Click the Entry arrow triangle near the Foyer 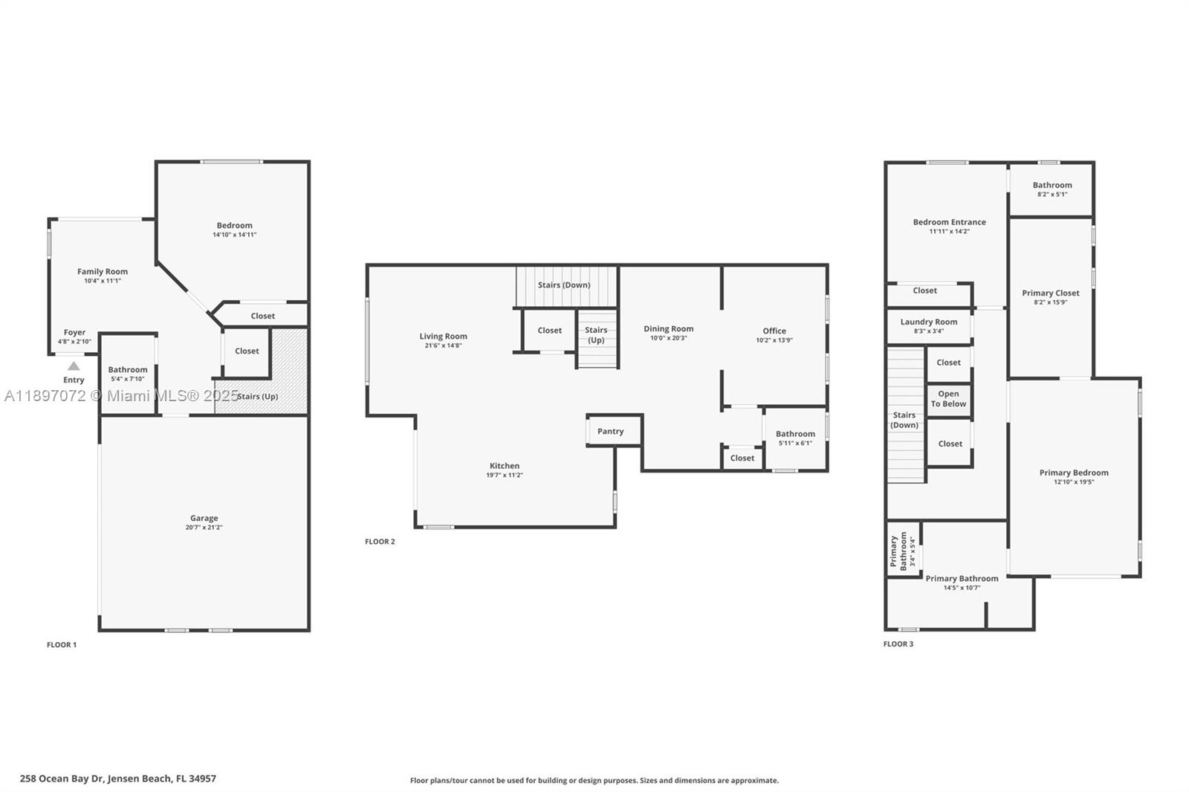[74, 366]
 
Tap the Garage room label [204, 518]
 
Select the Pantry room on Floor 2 [611, 431]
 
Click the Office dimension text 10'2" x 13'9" [774, 340]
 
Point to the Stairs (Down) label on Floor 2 [564, 285]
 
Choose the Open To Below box [948, 399]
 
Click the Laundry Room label [929, 322]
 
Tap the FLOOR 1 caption [62, 645]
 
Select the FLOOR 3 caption [898, 644]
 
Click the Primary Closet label [1051, 293]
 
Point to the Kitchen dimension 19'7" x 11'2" [505, 475]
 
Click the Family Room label [103, 271]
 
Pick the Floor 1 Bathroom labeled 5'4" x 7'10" [128, 374]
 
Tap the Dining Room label [668, 328]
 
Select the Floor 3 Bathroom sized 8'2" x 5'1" [1052, 189]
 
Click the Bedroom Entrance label [950, 221]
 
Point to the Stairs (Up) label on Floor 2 [596, 335]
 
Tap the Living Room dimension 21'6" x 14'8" [443, 345]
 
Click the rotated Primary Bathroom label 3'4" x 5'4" [899, 551]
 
